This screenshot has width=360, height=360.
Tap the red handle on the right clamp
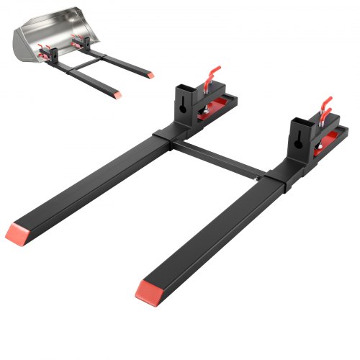[x=325, y=104]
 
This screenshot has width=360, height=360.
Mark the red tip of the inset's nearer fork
[x=116, y=94]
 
